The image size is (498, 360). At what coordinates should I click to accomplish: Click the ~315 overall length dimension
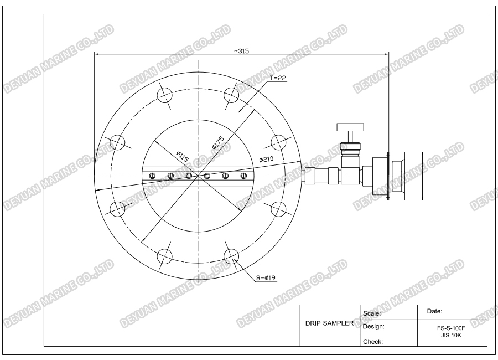pyautogui.click(x=241, y=50)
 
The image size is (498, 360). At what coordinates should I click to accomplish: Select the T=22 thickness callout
pyautogui.click(x=279, y=79)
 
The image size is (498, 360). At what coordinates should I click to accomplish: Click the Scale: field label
pyautogui.click(x=372, y=313)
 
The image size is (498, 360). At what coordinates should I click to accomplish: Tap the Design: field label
pyautogui.click(x=374, y=327)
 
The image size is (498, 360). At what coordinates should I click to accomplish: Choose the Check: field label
pyautogui.click(x=373, y=341)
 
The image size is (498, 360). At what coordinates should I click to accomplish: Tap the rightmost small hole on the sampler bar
pyautogui.click(x=243, y=176)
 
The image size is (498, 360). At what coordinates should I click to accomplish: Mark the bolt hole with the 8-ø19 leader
pyautogui.click(x=231, y=256)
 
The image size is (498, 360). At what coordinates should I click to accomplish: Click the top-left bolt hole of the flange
pyautogui.click(x=165, y=96)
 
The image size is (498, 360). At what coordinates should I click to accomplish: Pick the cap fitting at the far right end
pyautogui.click(x=414, y=176)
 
